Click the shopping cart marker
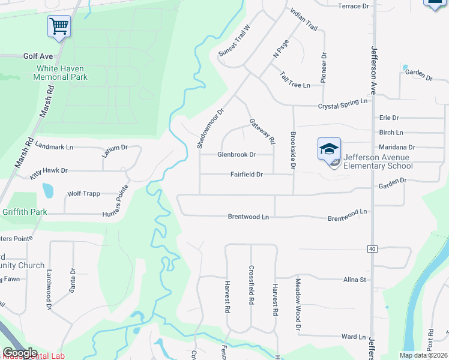pyautogui.click(x=59, y=26)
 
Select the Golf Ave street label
pyautogui.click(x=38, y=56)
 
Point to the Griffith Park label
pyautogui.click(x=23, y=211)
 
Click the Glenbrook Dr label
pyautogui.click(x=237, y=154)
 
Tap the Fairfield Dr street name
pyautogui.click(x=247, y=175)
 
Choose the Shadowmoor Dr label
pyautogui.click(x=209, y=128)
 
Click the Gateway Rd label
pyautogui.click(x=262, y=131)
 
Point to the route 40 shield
pyautogui.click(x=372, y=248)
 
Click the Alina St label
pyautogui.click(x=354, y=280)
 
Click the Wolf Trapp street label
pyautogui.click(x=83, y=194)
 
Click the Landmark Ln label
pyautogui.click(x=54, y=146)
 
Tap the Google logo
pyautogui.click(x=20, y=353)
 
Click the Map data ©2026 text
pyautogui.click(x=423, y=355)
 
